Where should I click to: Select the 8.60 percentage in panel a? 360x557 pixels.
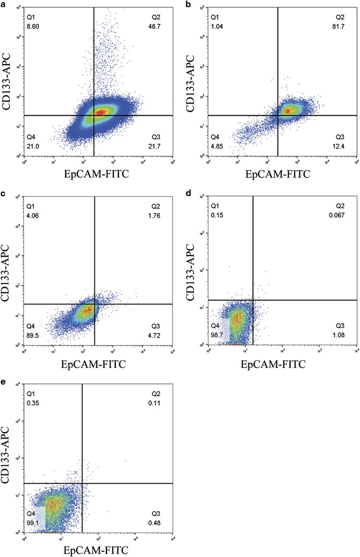pyautogui.click(x=33, y=25)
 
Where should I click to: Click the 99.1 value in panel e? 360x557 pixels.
pyautogui.click(x=33, y=519)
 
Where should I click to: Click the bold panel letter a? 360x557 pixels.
pyautogui.click(x=4, y=4)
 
